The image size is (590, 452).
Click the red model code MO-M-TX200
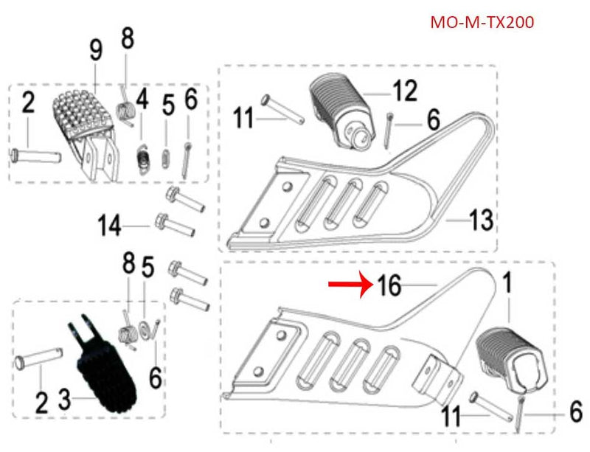[x=482, y=22]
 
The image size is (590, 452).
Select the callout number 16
[x=389, y=285]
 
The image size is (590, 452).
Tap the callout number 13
[x=480, y=219]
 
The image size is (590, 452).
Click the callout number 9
[x=95, y=52]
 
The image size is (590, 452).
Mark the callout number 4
[x=141, y=98]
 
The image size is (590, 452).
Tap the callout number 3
[x=65, y=400]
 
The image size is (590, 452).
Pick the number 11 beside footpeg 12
[x=244, y=117]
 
